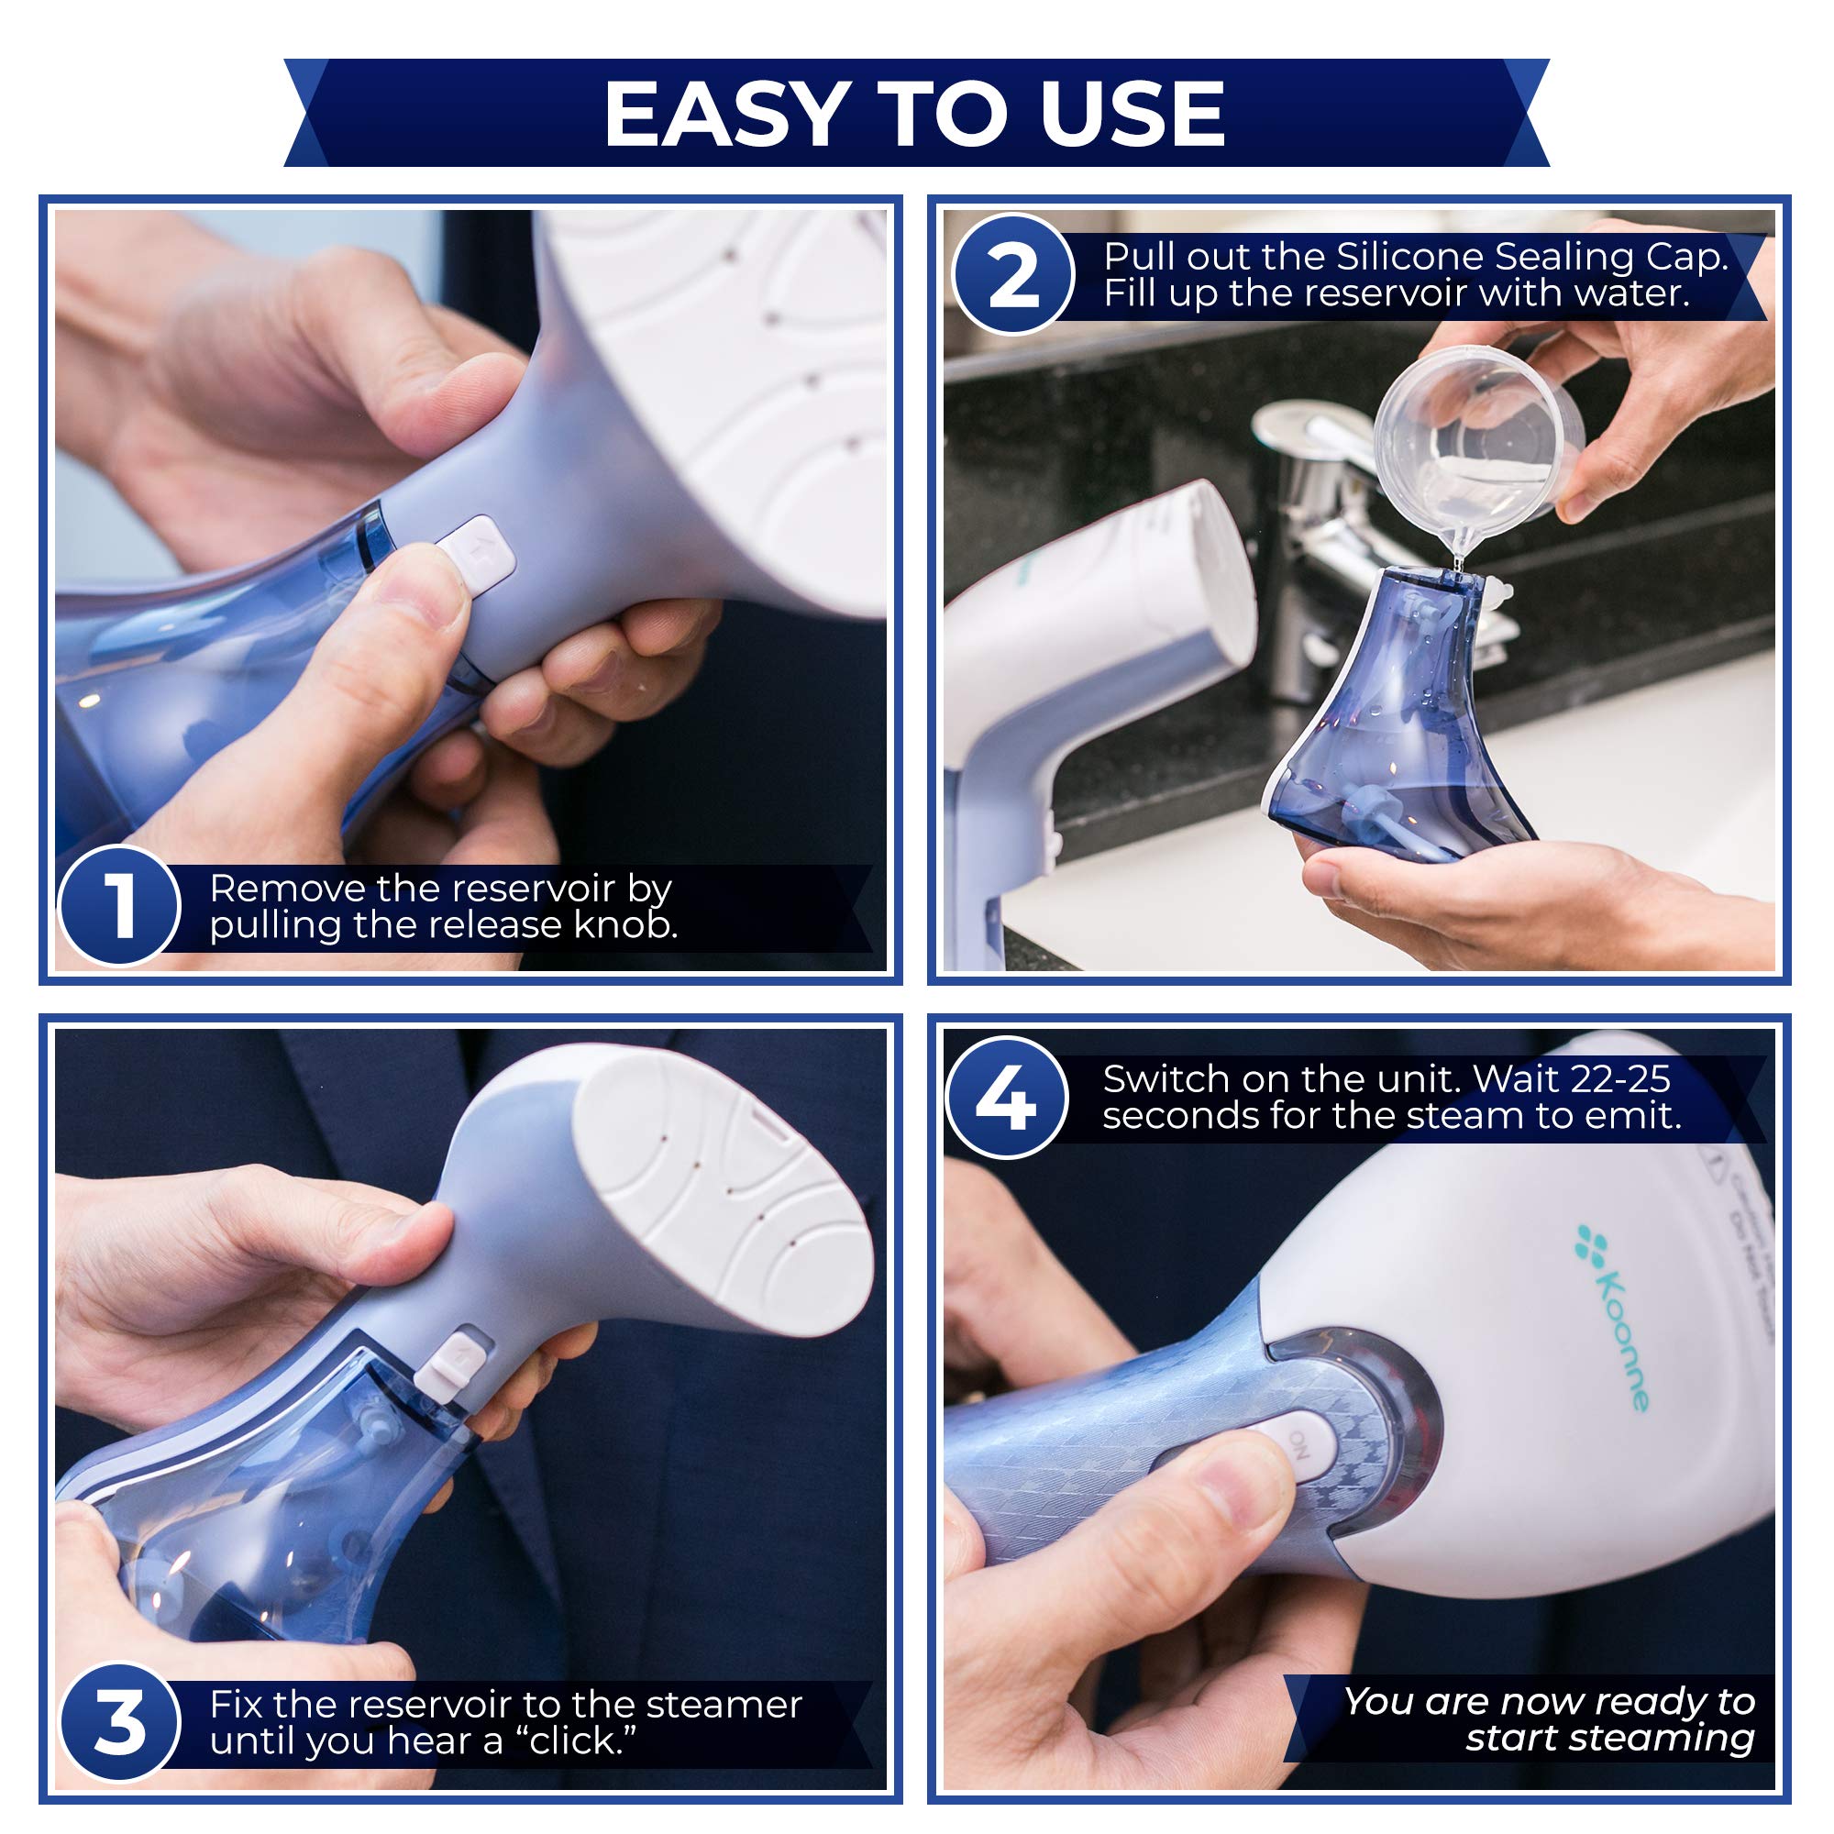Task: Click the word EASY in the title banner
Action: coord(724,114)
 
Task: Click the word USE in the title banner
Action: coord(1131,114)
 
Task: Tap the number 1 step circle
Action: coord(119,907)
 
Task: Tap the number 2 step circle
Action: coord(1013,275)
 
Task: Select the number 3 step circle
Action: coord(119,1723)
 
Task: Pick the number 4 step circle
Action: coord(1007,1099)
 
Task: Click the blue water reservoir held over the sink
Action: coord(1396,722)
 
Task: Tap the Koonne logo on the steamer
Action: coord(1614,1320)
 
